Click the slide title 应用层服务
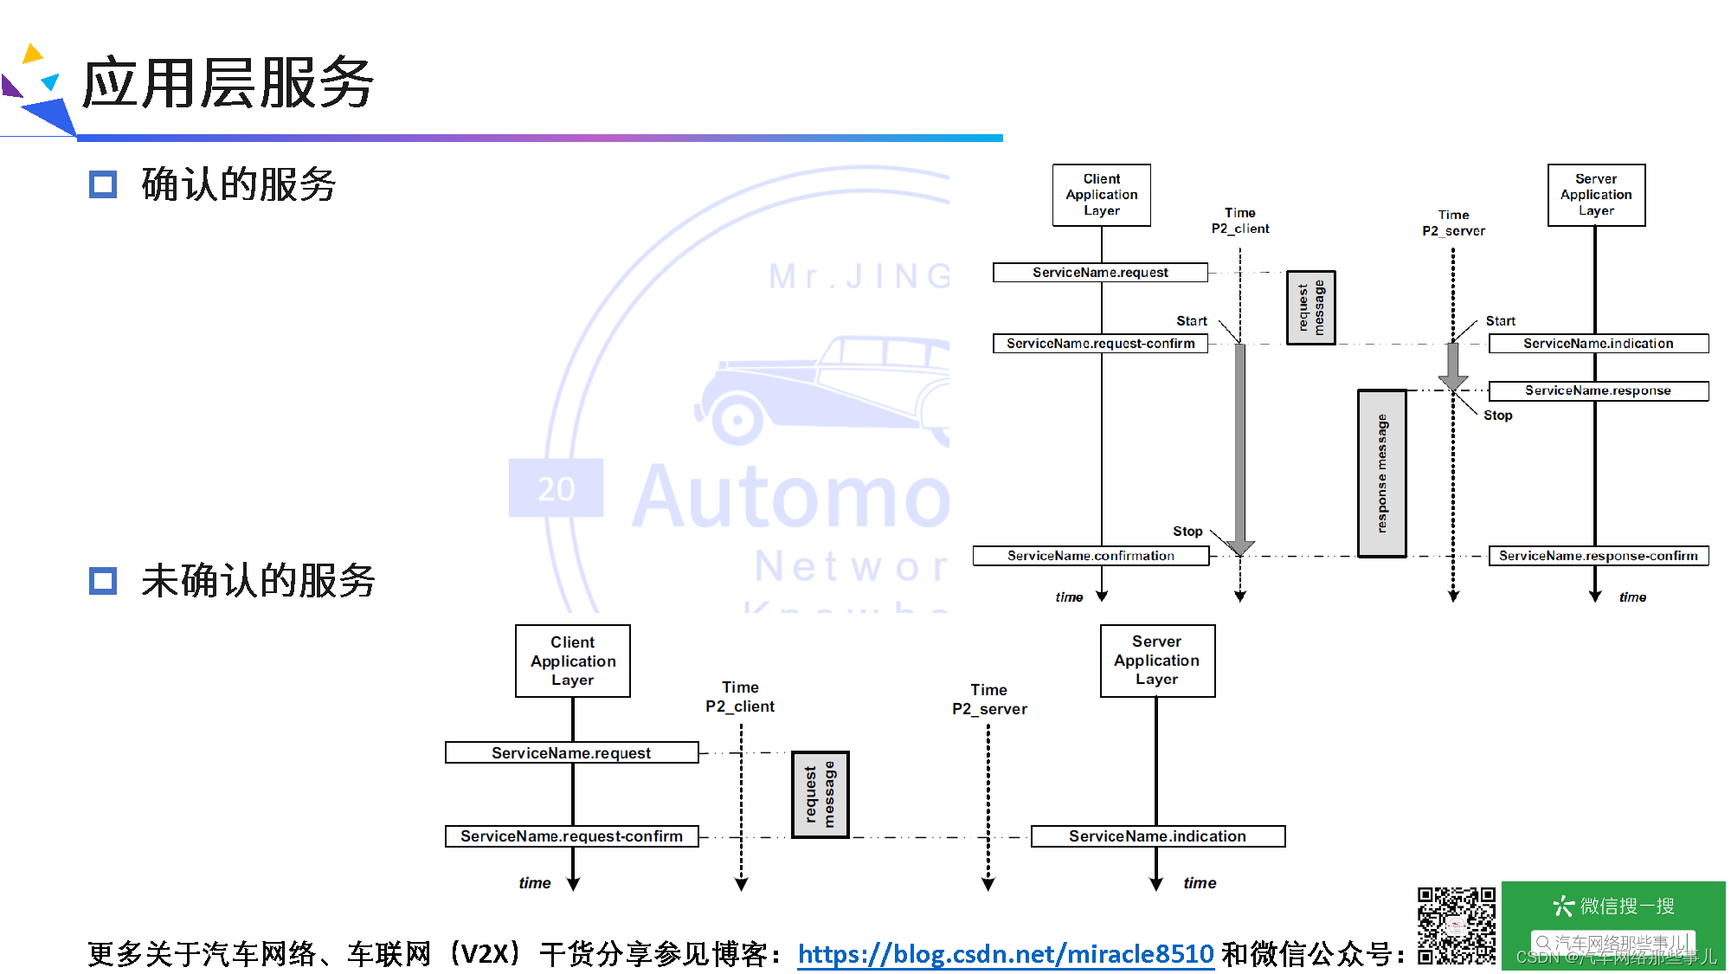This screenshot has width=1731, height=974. [228, 83]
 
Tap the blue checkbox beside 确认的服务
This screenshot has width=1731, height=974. [103, 184]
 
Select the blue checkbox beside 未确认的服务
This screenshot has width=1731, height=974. [103, 581]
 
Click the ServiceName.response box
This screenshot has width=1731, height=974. [1598, 390]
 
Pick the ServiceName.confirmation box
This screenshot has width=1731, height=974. [1091, 556]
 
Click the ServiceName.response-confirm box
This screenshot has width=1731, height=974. [1598, 556]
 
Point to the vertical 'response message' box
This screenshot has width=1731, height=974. [1381, 474]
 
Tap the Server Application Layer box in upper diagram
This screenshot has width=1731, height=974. [1596, 195]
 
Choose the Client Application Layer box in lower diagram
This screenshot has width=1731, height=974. [573, 661]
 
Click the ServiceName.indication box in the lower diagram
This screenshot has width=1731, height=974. [1157, 836]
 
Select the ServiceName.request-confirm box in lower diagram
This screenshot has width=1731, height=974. [571, 836]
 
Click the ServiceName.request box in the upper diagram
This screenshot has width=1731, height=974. [1100, 273]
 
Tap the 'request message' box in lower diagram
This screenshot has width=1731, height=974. [820, 796]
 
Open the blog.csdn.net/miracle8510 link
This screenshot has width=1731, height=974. [1006, 954]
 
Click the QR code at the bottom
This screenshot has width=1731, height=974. [1456, 926]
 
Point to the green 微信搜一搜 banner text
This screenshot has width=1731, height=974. [1613, 906]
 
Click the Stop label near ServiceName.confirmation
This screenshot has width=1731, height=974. [1187, 532]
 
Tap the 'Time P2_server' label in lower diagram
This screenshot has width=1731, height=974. [989, 700]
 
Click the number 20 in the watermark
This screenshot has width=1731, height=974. [556, 489]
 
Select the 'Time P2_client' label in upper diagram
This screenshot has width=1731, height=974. [1240, 221]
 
